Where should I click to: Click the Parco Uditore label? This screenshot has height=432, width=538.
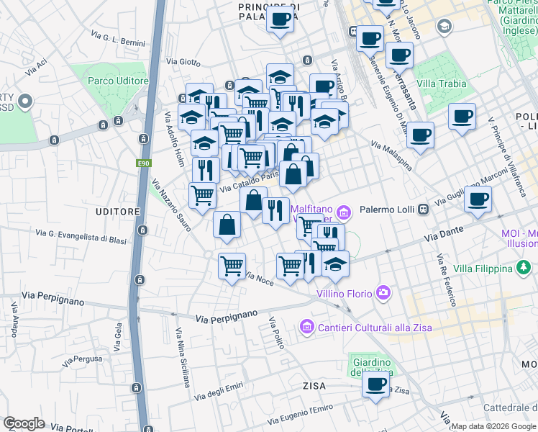(118, 81)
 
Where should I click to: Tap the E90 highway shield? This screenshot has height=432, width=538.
(144, 164)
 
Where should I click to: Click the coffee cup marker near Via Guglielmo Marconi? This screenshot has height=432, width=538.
(478, 199)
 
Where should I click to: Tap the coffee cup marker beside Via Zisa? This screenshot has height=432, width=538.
(375, 384)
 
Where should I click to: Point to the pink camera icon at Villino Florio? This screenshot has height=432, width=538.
(383, 292)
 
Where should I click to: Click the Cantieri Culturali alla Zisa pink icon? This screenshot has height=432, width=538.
(307, 327)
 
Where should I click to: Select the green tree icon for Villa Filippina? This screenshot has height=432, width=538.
(525, 269)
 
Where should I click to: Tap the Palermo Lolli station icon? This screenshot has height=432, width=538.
(424, 210)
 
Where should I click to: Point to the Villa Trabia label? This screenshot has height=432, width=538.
(442, 84)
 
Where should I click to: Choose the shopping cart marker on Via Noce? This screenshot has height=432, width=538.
(232, 266)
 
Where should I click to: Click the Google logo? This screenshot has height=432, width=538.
(24, 423)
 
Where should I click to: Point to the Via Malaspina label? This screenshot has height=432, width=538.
(391, 156)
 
